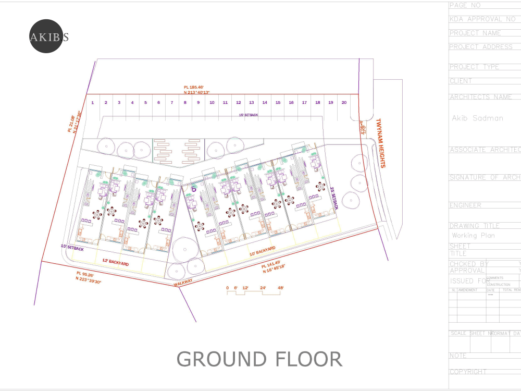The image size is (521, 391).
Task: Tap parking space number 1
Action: (92, 103)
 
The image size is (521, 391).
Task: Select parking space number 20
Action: (344, 103)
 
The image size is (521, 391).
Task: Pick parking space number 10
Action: (212, 103)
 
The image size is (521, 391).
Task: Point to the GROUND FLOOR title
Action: (259, 359)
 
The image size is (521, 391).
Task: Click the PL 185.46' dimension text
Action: (193, 87)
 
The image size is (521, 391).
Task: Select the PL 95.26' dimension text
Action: (85, 274)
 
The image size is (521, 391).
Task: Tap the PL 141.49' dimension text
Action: (271, 263)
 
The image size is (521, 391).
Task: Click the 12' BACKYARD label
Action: (115, 263)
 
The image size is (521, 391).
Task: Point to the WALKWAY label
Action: (183, 282)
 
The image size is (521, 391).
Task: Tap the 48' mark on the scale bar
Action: (280, 288)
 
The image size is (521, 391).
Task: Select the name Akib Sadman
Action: (477, 118)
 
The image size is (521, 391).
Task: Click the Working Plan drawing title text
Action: (473, 236)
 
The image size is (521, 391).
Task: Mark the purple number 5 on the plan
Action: (194, 189)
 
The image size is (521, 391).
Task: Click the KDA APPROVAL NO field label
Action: (482, 19)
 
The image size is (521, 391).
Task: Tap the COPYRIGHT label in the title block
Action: (468, 372)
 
